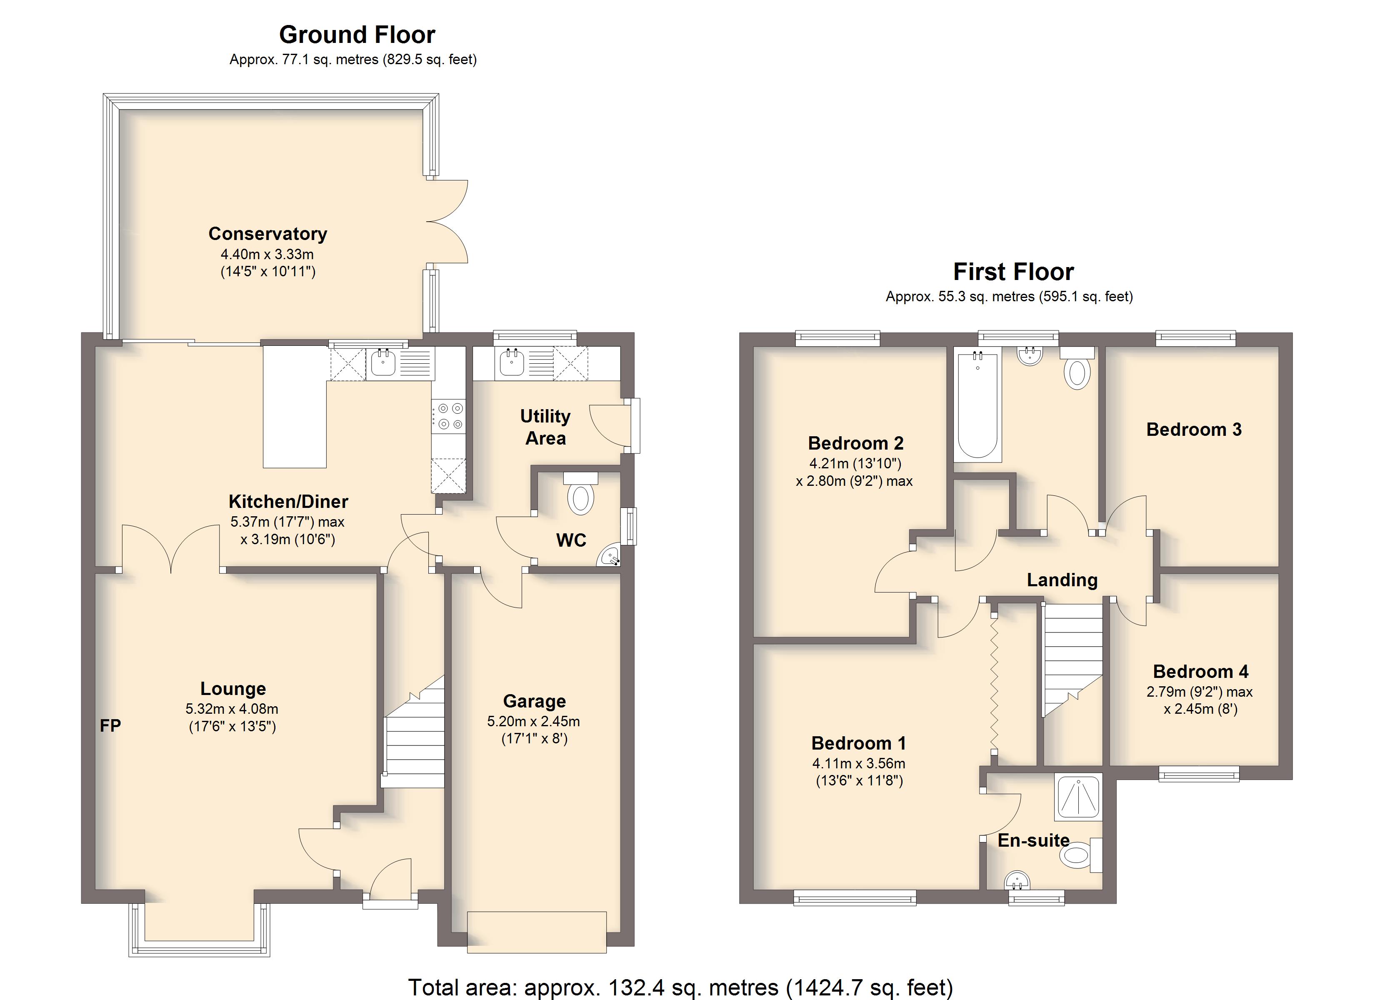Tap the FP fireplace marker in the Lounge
click(110, 725)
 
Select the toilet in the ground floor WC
click(580, 494)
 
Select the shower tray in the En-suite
click(1078, 795)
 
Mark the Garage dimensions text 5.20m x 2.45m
click(533, 722)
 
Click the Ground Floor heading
click(357, 35)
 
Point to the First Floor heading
click(1014, 272)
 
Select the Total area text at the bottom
click(680, 987)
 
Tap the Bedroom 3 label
click(1194, 429)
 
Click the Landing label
click(1062, 580)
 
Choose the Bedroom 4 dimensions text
click(1200, 700)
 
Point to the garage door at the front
click(537, 932)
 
